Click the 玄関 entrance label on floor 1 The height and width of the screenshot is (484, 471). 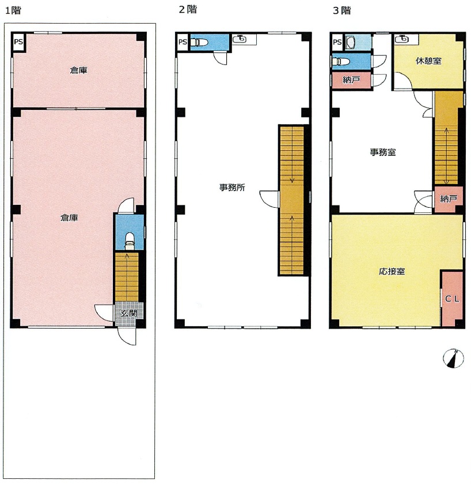(x=128, y=312)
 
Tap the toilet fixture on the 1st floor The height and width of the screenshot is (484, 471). (x=130, y=241)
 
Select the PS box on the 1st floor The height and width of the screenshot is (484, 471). (x=18, y=41)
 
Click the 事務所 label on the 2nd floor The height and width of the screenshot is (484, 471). (x=232, y=187)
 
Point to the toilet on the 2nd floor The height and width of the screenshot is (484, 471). (x=197, y=41)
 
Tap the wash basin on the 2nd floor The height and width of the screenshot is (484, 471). (x=240, y=39)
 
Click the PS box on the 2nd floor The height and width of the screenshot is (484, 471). (x=183, y=41)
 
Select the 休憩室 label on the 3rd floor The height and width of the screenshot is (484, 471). (x=428, y=61)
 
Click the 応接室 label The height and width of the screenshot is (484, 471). (x=392, y=271)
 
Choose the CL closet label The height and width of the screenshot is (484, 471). (x=452, y=299)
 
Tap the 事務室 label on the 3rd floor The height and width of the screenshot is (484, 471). (x=383, y=152)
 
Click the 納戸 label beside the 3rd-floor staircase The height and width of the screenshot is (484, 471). (x=449, y=199)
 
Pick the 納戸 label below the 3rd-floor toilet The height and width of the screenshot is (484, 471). (x=351, y=80)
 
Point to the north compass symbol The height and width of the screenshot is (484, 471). (x=453, y=359)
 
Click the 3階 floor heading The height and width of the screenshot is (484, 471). (x=342, y=10)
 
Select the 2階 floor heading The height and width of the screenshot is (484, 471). (x=188, y=9)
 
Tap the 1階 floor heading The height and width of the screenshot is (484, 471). (x=13, y=10)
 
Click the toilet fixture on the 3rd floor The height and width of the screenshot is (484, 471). (x=341, y=62)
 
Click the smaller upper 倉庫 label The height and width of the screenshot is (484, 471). (x=78, y=70)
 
